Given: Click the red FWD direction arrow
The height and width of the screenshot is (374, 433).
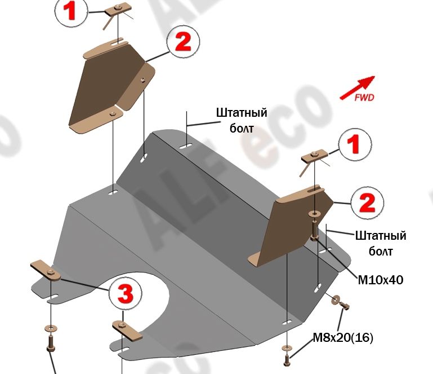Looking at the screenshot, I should [356, 87].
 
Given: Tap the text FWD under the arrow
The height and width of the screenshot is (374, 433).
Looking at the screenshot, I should [364, 97].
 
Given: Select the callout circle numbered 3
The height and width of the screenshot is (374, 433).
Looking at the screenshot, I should [125, 294].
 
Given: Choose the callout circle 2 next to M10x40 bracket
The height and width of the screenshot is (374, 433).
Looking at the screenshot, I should [367, 201].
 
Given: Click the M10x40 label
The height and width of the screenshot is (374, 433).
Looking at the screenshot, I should [381, 279].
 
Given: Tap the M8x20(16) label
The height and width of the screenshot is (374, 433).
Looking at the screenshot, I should [343, 338].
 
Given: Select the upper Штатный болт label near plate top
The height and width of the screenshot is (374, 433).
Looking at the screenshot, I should [241, 120].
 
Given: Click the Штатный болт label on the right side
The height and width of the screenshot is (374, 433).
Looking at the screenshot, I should [380, 243].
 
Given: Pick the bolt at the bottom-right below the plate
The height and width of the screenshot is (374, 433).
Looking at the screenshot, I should [288, 357].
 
